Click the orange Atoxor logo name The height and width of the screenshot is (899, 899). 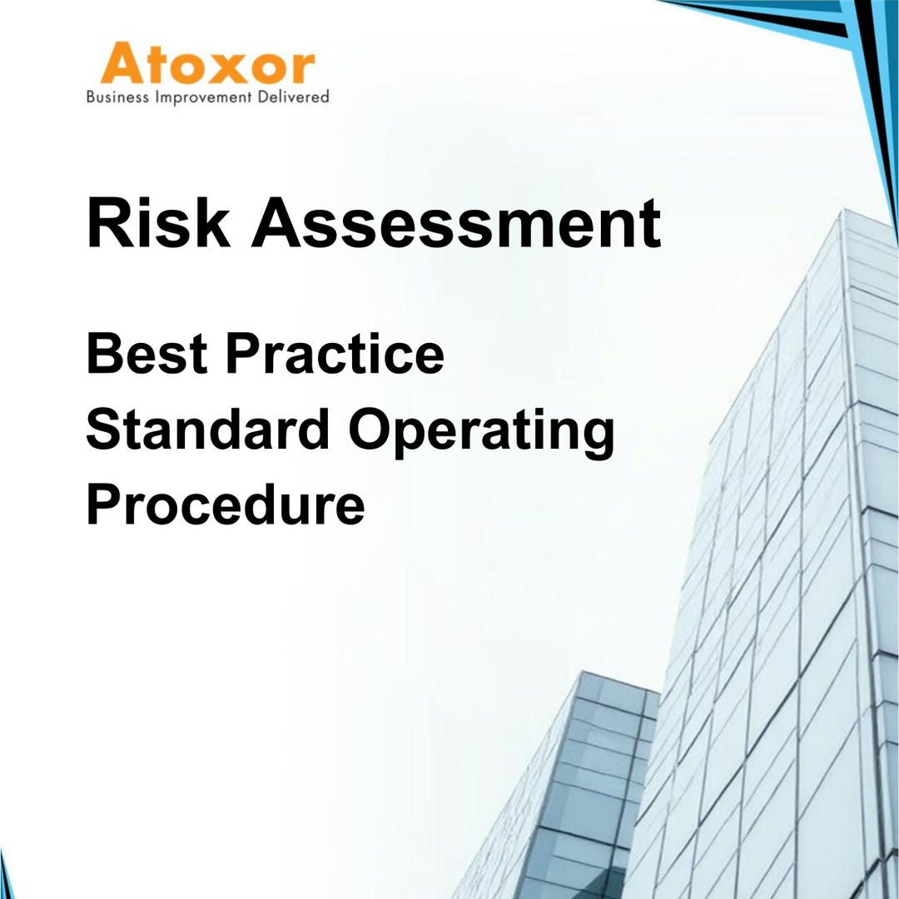[208, 65]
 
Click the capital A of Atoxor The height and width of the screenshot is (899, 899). [120, 65]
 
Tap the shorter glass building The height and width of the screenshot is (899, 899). [574, 799]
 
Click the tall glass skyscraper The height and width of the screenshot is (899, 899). [774, 583]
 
